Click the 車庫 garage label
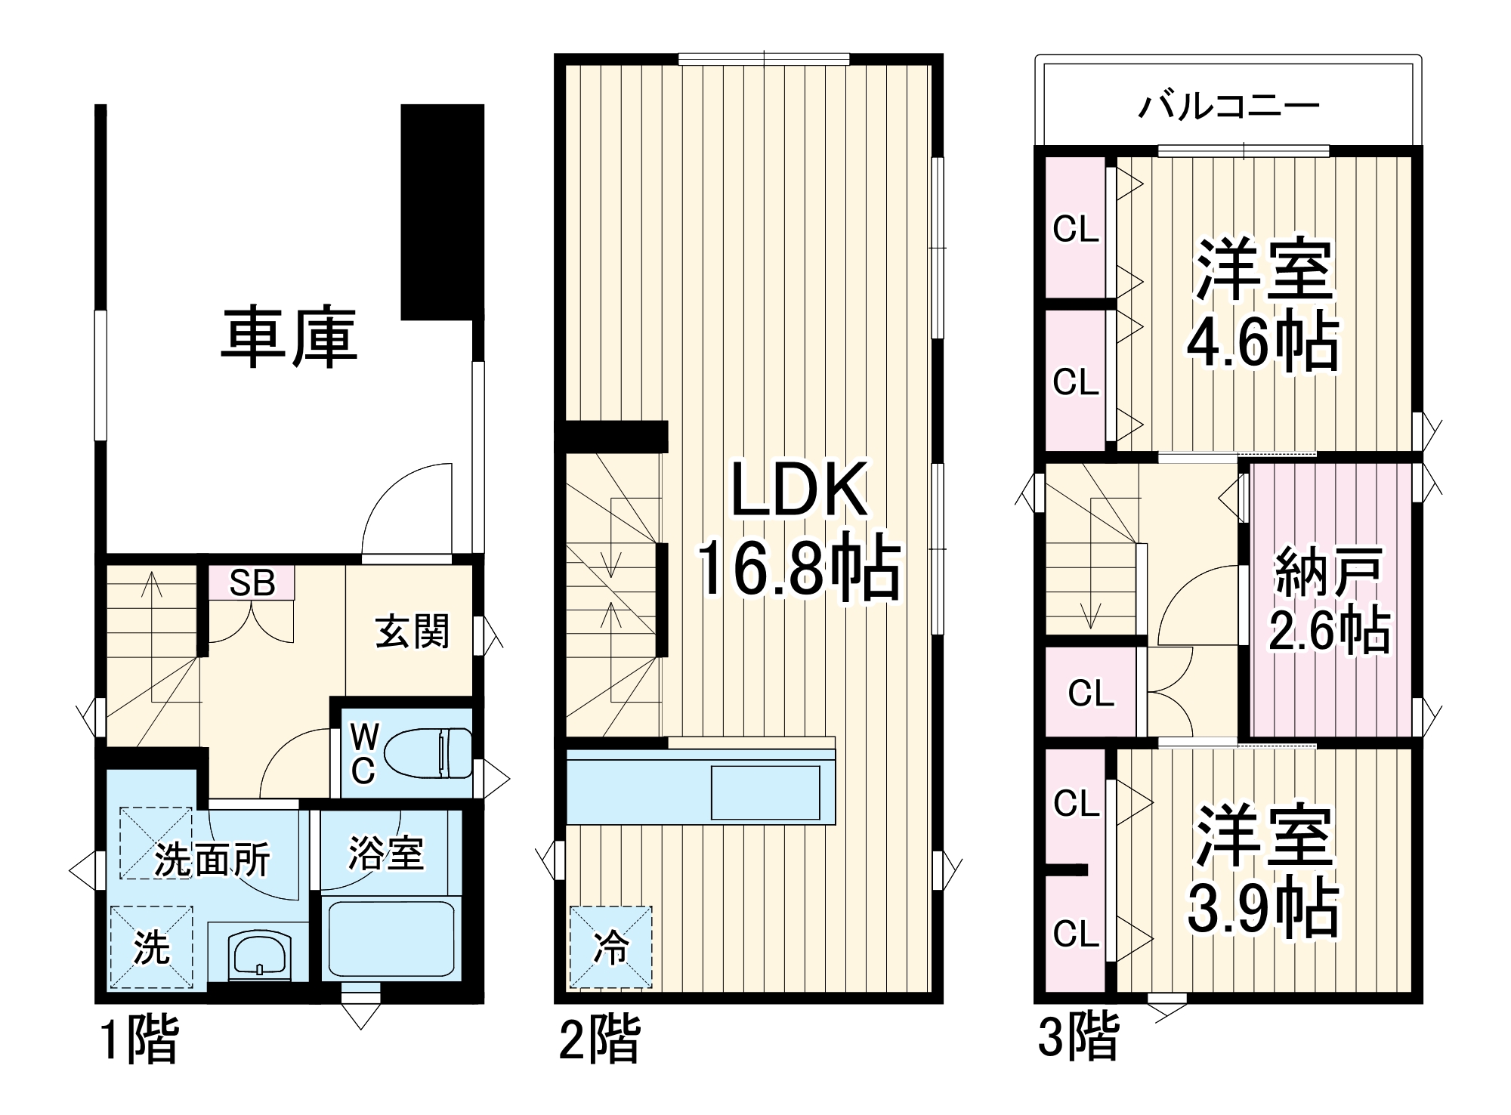pos(289,338)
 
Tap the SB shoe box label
pos(252,582)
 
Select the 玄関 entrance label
pos(413,632)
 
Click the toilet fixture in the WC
pos(427,752)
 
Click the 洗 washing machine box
pos(151,947)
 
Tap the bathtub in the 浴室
pos(388,937)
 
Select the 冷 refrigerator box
pos(610,947)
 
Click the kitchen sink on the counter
pos(765,792)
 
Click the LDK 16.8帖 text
pos(799,529)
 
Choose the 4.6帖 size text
pos(1262,344)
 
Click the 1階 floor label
pos(140,1039)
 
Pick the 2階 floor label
pos(598,1039)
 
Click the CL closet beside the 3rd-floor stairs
pos(1090,692)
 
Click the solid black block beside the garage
pos(442,212)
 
